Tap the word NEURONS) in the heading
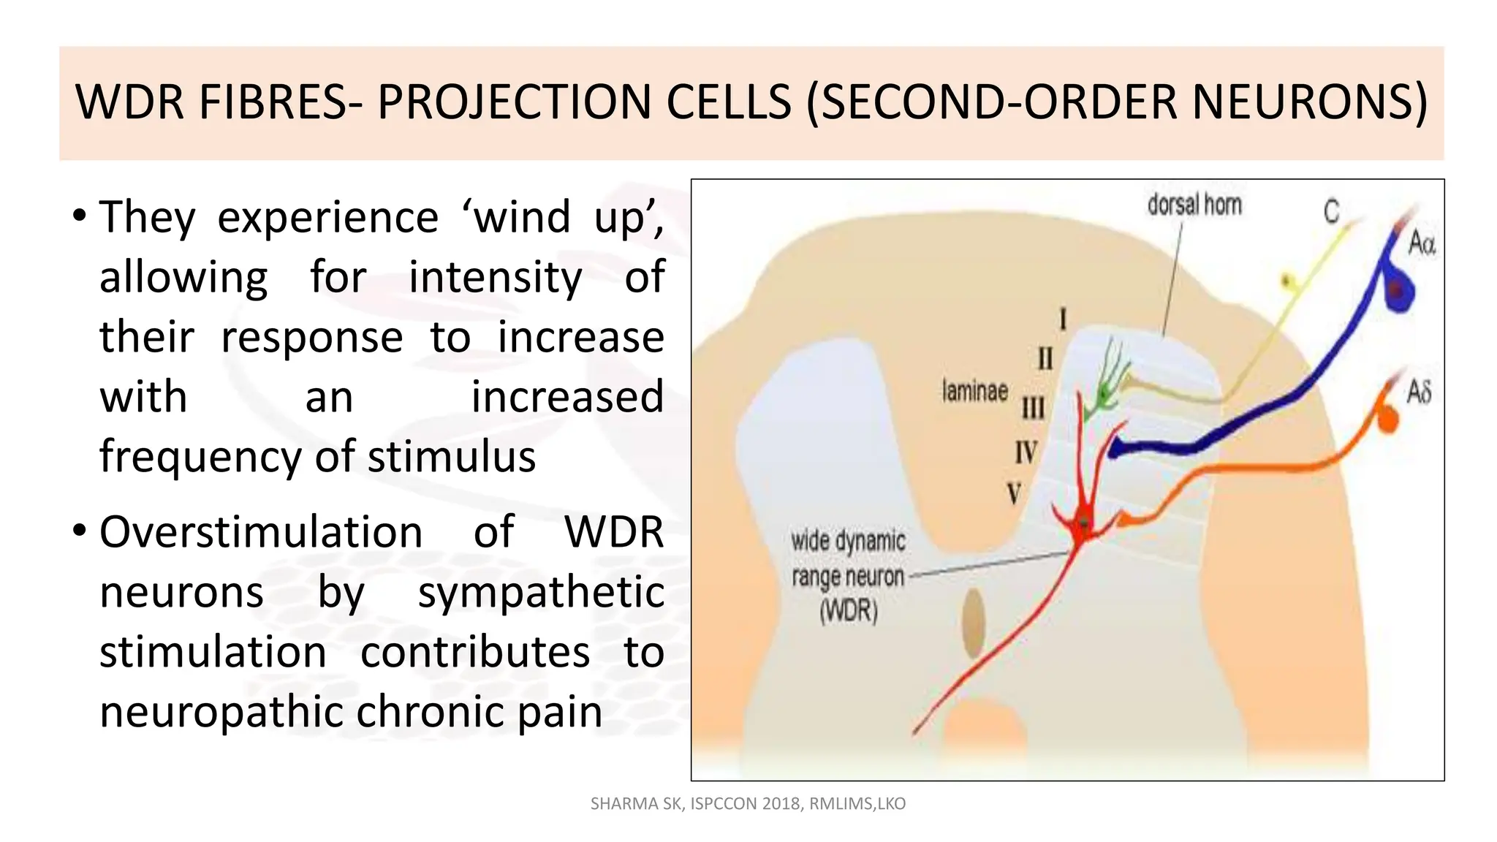pos(1309,102)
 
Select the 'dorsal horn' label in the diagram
pos(1194,205)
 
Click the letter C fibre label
pos(1331,212)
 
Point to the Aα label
pos(1422,243)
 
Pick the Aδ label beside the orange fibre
pos(1419,392)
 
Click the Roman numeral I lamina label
pos(1063,319)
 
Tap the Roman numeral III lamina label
pos(1033,407)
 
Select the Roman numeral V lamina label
pos(1014,494)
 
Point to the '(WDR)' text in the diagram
pos(849,611)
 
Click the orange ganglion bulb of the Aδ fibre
pos(1387,419)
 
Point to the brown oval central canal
pos(973,623)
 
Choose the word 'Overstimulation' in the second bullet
pos(261,532)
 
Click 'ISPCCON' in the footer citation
pos(723,804)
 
